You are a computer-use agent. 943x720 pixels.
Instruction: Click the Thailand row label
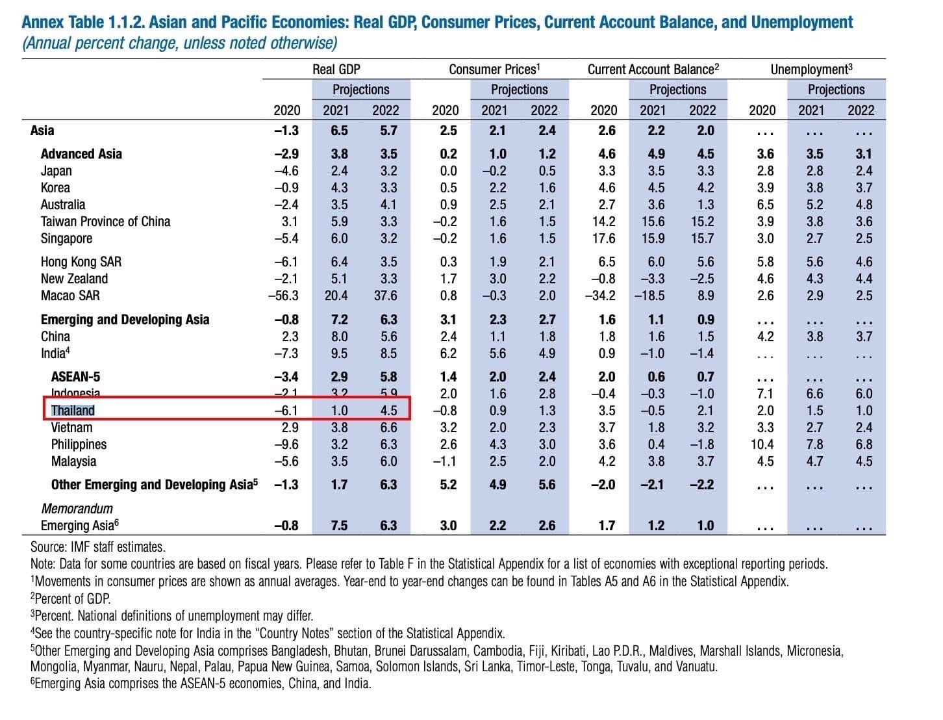[x=73, y=411]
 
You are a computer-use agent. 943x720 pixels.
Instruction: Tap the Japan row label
[x=57, y=171]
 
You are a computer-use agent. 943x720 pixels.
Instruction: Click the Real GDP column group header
[x=336, y=70]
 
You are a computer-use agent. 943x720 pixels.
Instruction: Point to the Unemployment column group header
[x=811, y=70]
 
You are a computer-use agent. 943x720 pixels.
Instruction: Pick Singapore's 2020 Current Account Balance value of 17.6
[x=603, y=238]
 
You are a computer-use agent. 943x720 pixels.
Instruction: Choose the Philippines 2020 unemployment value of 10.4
[x=762, y=444]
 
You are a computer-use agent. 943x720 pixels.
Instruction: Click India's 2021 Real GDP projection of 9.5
[x=340, y=354]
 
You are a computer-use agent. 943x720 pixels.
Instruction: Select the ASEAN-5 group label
[x=75, y=376]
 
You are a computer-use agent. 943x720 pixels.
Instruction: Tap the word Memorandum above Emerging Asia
[x=77, y=509]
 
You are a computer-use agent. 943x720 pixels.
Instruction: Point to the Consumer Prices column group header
[x=494, y=70]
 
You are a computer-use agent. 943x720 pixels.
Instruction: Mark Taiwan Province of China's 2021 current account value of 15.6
[x=653, y=222]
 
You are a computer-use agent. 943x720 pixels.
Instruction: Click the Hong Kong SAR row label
[x=81, y=262]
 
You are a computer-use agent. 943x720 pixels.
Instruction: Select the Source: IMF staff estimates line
[x=98, y=546]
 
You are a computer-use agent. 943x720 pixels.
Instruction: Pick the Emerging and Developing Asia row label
[x=125, y=319]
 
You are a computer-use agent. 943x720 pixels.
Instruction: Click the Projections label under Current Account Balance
[x=677, y=90]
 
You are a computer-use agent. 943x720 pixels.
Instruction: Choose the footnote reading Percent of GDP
[x=70, y=598]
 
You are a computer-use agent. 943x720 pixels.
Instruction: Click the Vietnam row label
[x=71, y=428]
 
